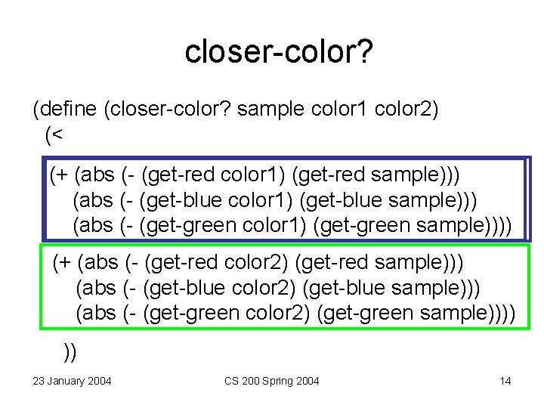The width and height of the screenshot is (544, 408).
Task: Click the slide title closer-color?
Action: click(x=280, y=51)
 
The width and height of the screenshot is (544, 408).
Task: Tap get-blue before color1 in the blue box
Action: click(x=184, y=201)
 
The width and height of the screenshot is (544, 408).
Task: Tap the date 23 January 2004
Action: click(x=72, y=381)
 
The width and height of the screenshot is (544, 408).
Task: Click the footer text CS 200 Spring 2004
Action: click(x=272, y=381)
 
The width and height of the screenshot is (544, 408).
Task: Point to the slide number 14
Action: click(x=505, y=381)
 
